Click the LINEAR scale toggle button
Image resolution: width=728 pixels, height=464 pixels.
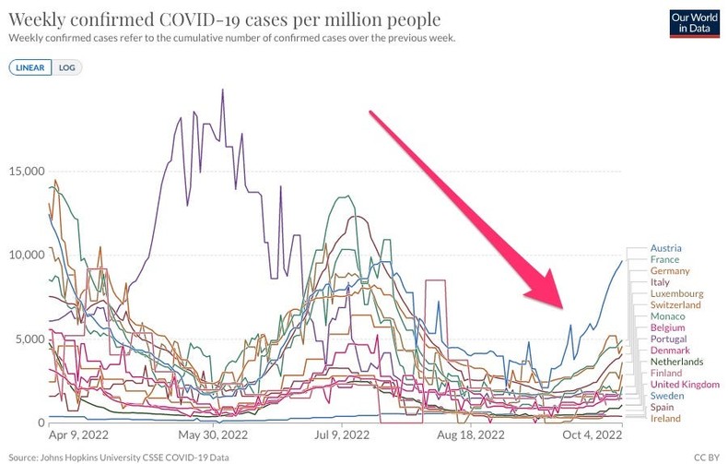(x=30, y=67)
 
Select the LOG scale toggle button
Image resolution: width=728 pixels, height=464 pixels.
(x=67, y=67)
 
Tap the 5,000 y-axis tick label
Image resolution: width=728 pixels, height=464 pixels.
(x=28, y=339)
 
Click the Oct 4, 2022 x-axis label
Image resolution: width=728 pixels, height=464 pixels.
(x=593, y=434)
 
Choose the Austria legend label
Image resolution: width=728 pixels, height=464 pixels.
(x=666, y=248)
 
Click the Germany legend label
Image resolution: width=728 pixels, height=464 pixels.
(x=670, y=271)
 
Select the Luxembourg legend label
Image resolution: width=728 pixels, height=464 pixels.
(x=676, y=293)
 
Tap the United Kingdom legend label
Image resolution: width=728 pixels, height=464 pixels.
(x=685, y=384)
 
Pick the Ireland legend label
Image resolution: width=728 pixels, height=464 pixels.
(x=665, y=418)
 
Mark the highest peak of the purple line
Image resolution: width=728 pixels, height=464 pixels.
(x=222, y=89)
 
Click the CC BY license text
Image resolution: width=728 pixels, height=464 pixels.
(x=706, y=457)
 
